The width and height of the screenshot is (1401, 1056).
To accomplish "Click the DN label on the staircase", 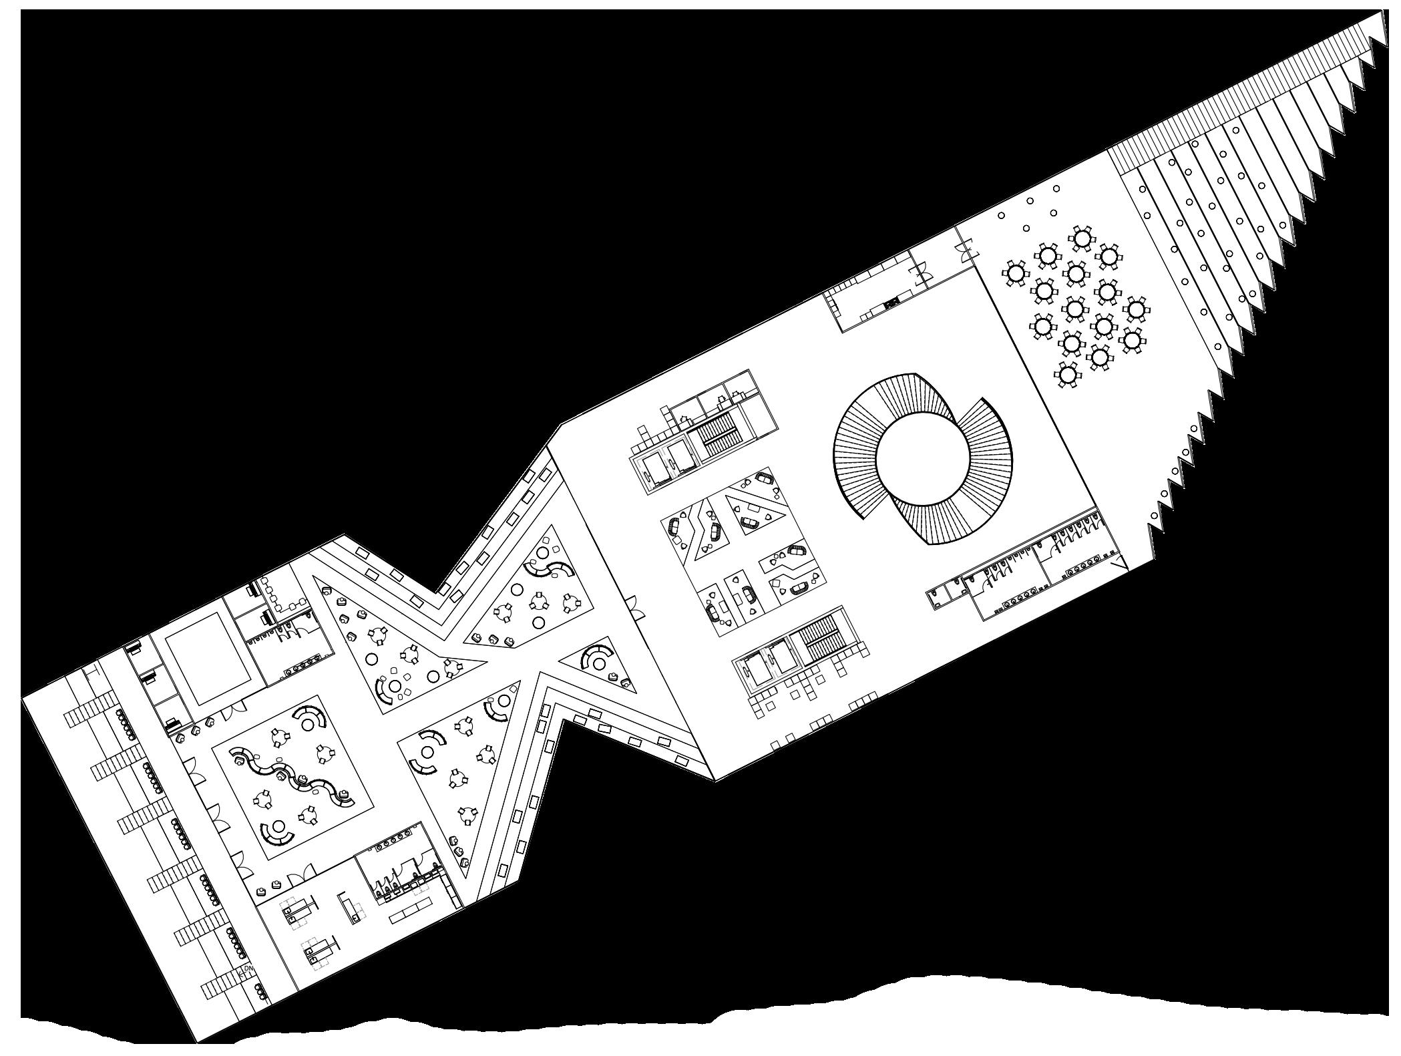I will pos(248,968).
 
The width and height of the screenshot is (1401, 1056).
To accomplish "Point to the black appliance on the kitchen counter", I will pos(890,304).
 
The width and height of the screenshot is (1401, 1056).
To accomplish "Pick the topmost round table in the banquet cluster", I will pos(1082,238).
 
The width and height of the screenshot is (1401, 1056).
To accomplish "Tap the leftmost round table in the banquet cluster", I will pos(1015,273).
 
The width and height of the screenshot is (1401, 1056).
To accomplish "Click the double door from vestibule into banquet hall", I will pos(965,250).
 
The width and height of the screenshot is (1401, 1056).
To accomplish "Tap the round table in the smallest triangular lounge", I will pos(599,663).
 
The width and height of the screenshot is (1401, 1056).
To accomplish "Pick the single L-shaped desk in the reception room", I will pos(347,906).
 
